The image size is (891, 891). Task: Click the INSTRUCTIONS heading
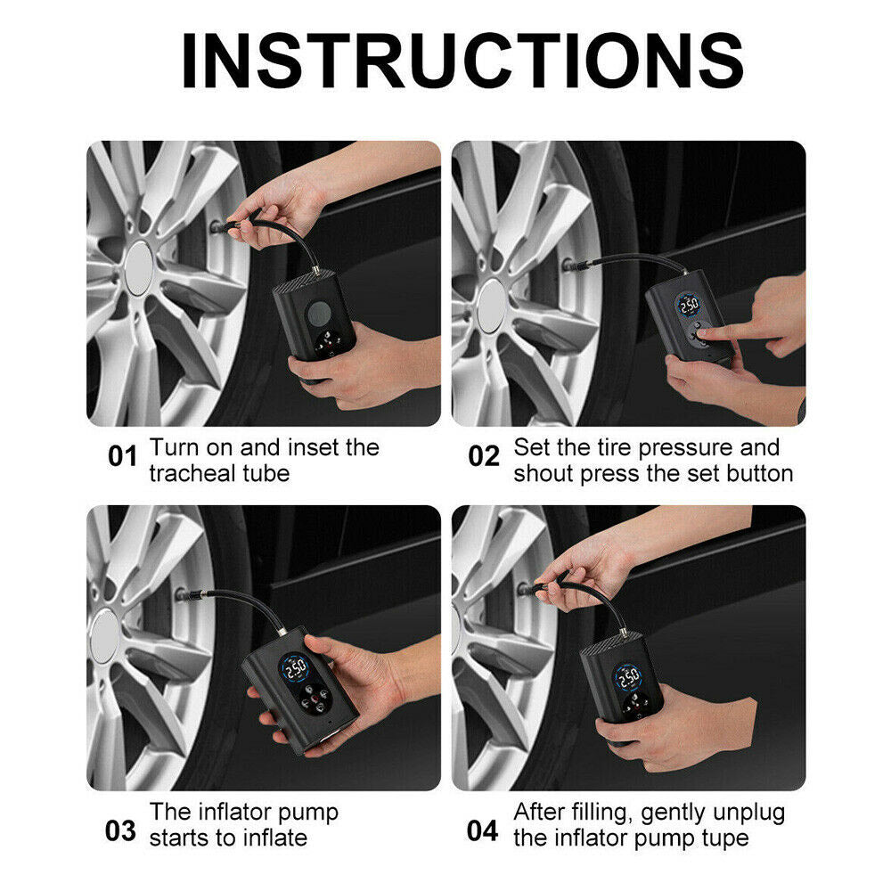pos(462,61)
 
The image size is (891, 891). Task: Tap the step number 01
pos(122,456)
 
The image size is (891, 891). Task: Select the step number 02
pos(484,456)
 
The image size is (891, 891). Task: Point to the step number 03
pos(120,830)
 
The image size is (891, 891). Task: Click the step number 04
pos(482,830)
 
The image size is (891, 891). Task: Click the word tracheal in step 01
pos(192,473)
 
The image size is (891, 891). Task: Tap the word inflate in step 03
pos(275,838)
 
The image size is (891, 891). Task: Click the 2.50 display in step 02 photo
pos(690,306)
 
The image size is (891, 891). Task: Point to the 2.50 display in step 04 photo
pos(630,678)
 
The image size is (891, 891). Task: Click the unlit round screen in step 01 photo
pos(319,313)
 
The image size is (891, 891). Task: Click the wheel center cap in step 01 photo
pos(139,267)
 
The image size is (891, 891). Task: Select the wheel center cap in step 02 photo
pos(492,307)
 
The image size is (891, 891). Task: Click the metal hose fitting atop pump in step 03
pos(281,631)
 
